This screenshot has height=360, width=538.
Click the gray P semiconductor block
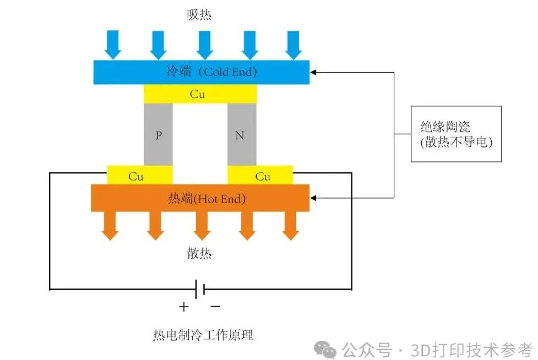(x=158, y=134)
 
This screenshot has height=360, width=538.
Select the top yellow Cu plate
(x=199, y=94)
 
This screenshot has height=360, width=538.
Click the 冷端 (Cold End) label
(x=211, y=72)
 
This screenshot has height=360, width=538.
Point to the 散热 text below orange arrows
(x=199, y=253)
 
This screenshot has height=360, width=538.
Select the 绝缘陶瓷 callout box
(x=456, y=134)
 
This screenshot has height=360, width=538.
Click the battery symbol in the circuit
(x=200, y=288)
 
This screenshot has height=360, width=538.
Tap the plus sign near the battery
(x=184, y=306)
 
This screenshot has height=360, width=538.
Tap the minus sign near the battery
(x=216, y=306)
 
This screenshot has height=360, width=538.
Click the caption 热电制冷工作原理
(x=203, y=334)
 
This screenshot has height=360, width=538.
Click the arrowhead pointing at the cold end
(x=314, y=72)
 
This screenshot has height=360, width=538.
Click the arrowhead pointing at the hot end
(x=314, y=198)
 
